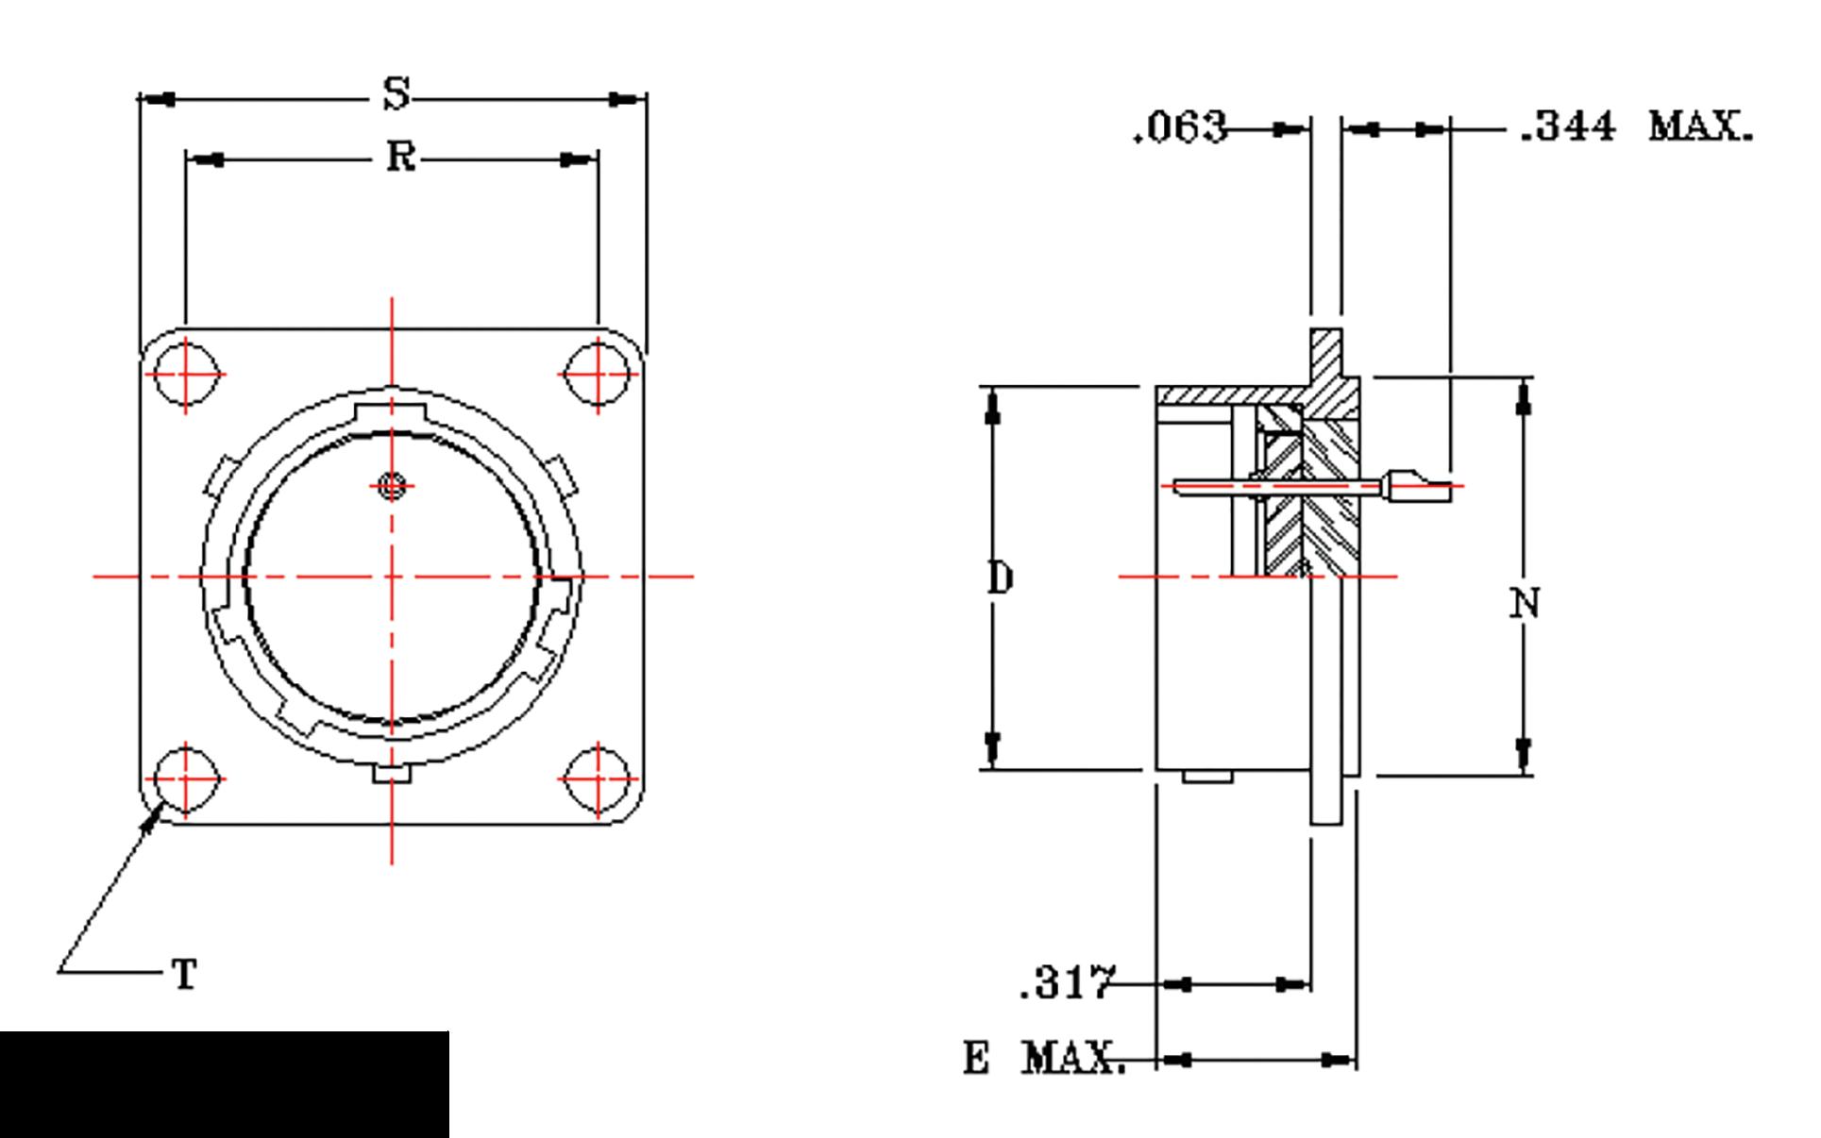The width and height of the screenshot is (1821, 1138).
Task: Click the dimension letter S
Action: pos(397,93)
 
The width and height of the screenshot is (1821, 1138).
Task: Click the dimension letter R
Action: pos(400,156)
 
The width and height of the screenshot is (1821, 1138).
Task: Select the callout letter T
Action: pos(185,974)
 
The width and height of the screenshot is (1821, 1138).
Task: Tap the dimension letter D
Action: pos(1001,577)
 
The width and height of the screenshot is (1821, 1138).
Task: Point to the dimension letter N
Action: pos(1525,603)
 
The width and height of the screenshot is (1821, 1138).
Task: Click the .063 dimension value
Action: pos(1181,127)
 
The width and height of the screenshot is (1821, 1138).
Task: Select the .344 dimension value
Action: pos(1568,126)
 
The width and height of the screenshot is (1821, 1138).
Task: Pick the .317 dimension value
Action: pos(1068,982)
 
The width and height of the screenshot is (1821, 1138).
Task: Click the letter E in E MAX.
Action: pos(976,1058)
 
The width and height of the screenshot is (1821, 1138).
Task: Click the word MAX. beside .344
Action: pos(1700,126)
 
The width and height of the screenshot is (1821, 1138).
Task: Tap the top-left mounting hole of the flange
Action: pos(186,374)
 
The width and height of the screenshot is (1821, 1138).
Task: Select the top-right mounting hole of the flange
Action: pos(599,374)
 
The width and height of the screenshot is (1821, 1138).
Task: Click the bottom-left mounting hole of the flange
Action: pos(186,779)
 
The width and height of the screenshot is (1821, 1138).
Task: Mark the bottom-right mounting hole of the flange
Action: pos(599,779)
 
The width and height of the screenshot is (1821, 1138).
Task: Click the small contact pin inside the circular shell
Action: pos(392,486)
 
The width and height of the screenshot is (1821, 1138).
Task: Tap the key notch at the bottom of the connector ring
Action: pos(391,774)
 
